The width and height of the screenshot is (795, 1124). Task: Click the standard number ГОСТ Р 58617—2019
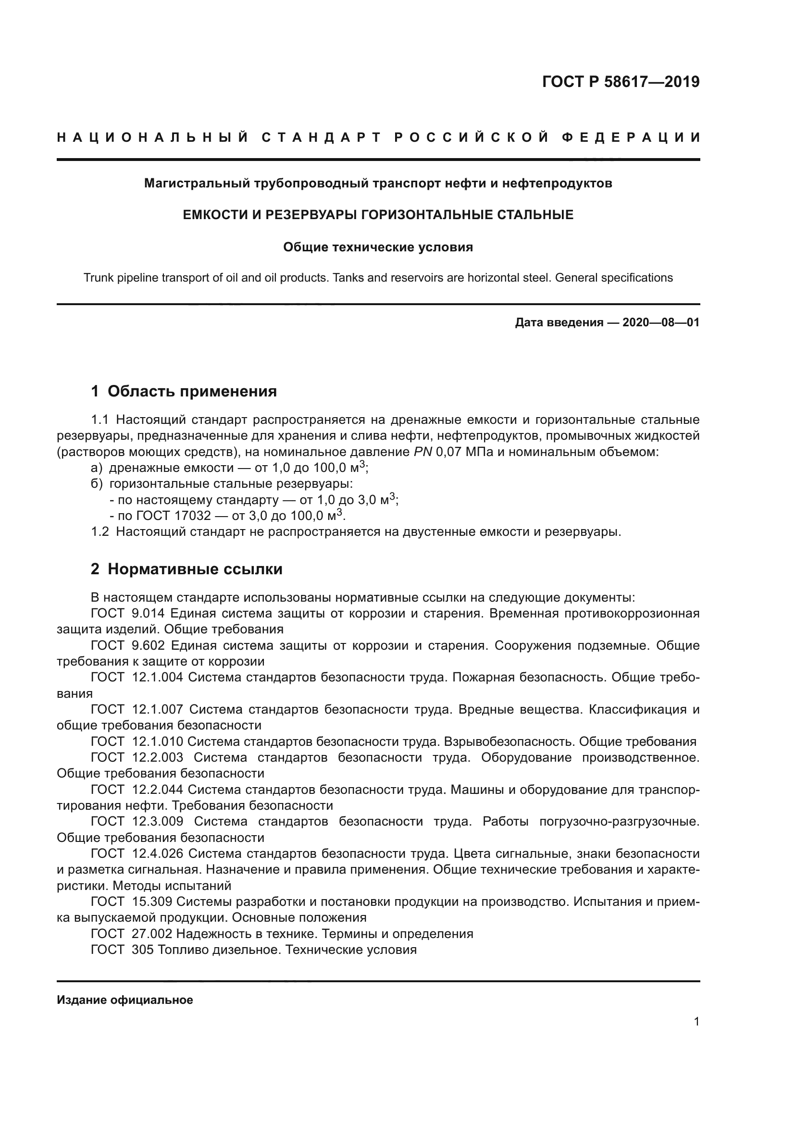tap(620, 82)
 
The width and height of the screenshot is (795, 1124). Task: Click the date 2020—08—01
tap(660, 322)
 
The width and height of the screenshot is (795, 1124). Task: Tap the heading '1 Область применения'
tap(184, 391)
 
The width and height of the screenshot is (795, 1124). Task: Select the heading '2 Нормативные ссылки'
tap(186, 569)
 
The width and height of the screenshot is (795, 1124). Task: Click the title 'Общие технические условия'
tap(378, 247)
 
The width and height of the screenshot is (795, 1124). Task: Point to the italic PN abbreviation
tap(422, 452)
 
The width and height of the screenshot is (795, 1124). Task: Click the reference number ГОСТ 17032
tap(174, 516)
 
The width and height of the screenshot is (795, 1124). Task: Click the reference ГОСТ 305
tap(123, 950)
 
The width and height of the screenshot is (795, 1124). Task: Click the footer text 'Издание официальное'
tap(125, 1000)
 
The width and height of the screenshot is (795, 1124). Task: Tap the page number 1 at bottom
tap(696, 1022)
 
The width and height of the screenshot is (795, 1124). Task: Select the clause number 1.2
tap(100, 531)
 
